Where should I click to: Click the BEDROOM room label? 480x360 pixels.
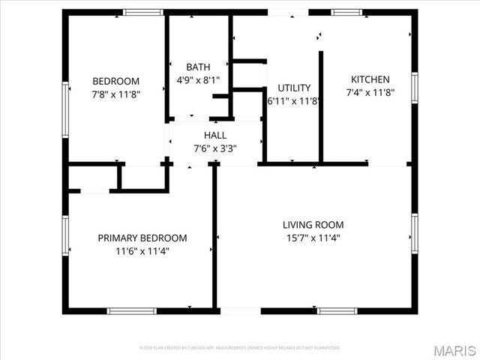point(116,81)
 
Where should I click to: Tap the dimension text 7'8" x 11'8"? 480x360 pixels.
point(116,94)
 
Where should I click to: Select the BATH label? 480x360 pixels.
point(198,67)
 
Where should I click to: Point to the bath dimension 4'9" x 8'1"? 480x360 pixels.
point(198,79)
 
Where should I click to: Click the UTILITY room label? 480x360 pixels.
point(294,88)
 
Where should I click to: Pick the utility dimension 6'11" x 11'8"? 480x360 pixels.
point(294,100)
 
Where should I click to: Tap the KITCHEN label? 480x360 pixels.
point(370,79)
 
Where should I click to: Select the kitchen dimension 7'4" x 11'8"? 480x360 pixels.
point(370,93)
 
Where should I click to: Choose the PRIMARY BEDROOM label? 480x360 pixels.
point(142,238)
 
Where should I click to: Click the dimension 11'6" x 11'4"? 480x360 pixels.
point(142,251)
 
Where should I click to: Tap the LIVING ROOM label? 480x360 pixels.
point(313,224)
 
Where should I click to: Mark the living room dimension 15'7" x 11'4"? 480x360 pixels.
point(313,238)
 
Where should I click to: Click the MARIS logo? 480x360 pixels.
point(454,350)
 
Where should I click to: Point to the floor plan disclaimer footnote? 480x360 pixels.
point(240,348)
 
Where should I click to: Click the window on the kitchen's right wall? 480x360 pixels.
point(414,88)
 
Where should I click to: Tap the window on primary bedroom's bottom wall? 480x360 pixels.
point(132,310)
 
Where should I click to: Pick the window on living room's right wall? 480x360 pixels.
point(414,232)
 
